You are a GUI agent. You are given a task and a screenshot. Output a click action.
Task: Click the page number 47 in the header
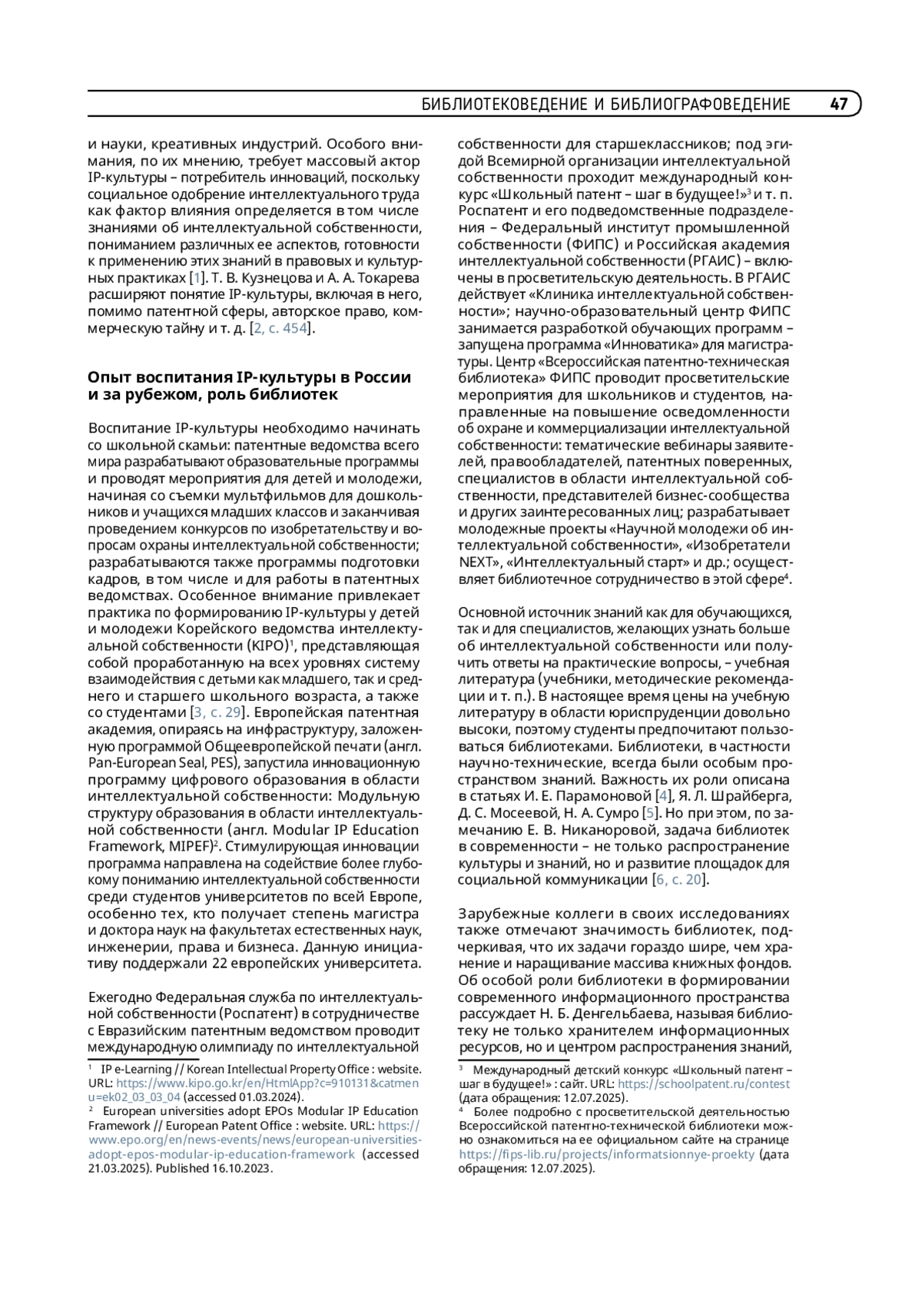[839, 104]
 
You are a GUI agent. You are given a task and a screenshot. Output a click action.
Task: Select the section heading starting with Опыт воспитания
[249, 386]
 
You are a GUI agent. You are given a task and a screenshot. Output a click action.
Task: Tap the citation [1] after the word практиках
[197, 278]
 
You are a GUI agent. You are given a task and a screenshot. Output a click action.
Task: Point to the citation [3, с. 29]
[218, 712]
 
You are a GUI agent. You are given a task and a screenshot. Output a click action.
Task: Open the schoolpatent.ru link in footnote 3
[703, 1083]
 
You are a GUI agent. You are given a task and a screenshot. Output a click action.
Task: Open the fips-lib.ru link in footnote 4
[607, 1154]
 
